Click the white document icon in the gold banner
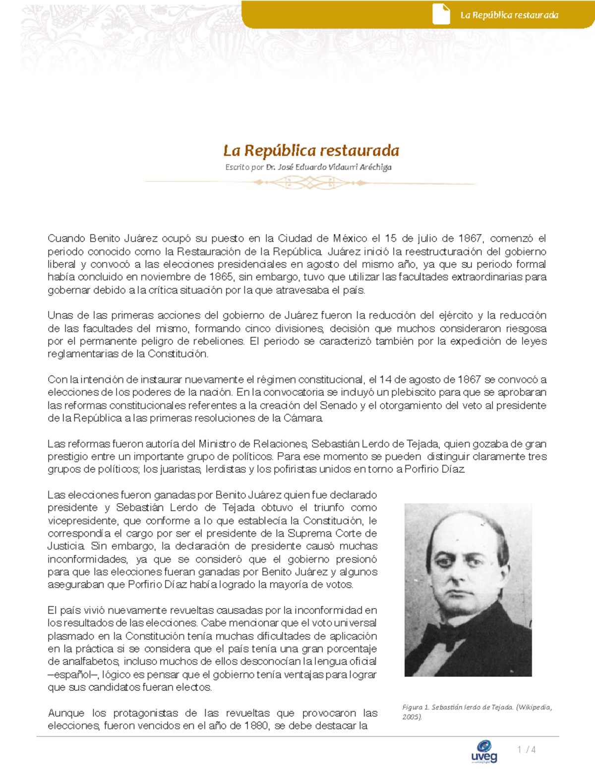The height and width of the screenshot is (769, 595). [441, 14]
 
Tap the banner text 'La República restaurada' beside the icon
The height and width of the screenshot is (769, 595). [509, 15]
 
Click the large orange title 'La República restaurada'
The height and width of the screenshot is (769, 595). [311, 150]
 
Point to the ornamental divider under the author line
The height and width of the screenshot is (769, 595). [310, 183]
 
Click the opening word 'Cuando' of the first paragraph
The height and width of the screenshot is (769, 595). [66, 239]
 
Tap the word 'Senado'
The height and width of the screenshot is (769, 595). [338, 406]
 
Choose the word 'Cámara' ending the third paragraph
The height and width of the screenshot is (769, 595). [303, 418]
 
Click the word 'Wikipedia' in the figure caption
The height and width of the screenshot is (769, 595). [533, 707]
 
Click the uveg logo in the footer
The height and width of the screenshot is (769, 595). [484, 751]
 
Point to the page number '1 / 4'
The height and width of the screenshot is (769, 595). [526, 750]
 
